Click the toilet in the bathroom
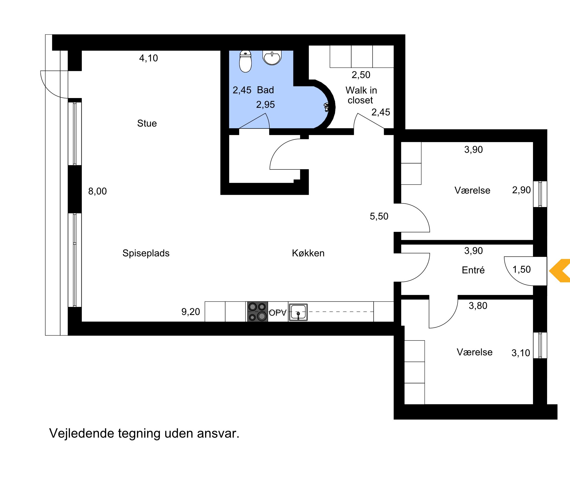245,61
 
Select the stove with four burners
257,312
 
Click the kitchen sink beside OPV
298,312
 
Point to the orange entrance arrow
559,271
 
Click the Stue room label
147,123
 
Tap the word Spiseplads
146,253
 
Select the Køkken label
308,253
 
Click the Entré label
473,270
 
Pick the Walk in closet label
361,95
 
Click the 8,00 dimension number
97,191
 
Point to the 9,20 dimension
191,312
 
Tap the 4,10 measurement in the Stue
149,58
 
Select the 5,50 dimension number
379,216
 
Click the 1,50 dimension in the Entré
522,269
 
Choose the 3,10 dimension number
521,353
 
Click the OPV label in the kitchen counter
278,313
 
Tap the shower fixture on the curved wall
326,107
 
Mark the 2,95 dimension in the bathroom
265,105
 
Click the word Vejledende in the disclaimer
81,434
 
